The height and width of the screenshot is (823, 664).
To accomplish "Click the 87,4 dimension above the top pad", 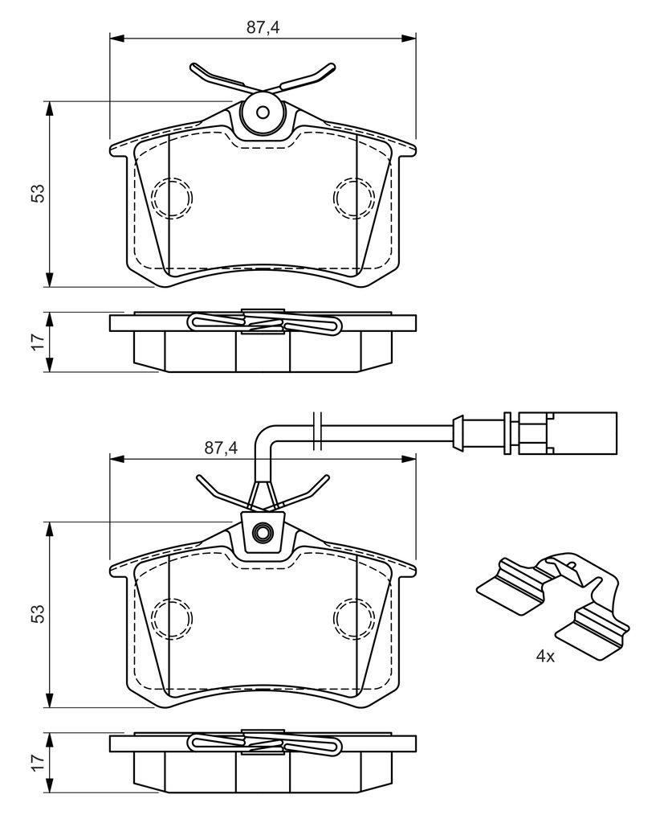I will (263, 27).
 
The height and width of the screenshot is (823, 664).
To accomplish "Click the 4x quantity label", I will (545, 657).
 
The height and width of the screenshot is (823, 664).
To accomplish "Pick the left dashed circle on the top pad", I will (171, 196).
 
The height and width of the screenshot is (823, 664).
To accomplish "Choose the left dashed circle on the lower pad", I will (171, 617).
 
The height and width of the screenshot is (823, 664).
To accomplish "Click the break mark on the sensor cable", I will (317, 429).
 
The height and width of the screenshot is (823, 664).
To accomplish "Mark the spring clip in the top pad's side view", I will (263, 324).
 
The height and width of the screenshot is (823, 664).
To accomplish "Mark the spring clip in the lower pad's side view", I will (263, 744).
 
